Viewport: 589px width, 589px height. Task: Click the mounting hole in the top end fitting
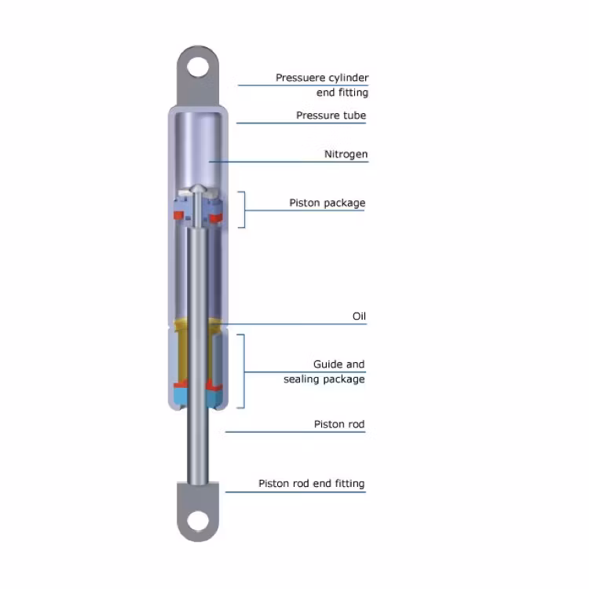pos(198,68)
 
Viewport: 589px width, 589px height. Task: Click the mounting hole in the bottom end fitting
pos(198,521)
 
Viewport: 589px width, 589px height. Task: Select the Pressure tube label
pos(331,115)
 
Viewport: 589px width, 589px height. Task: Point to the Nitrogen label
pos(346,155)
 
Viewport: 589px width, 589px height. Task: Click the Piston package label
pos(327,203)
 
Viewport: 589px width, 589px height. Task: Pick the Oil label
pos(359,316)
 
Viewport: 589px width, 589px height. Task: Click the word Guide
pos(328,364)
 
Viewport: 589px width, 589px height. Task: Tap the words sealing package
pos(324,379)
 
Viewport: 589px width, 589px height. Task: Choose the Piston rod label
pos(339,424)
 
